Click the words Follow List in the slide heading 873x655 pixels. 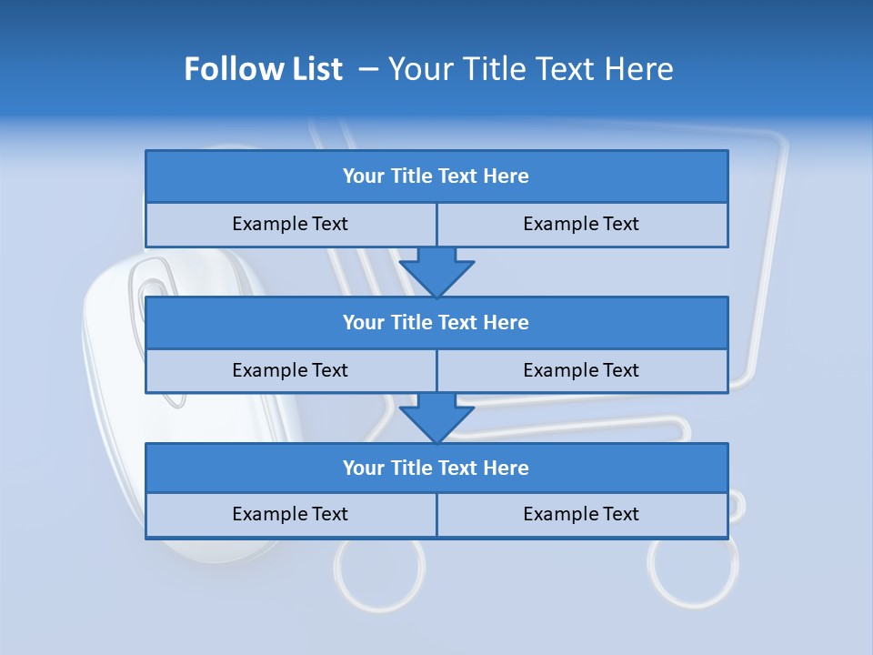coord(263,69)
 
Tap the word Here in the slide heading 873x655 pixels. coord(636,69)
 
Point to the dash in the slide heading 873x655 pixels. coord(368,69)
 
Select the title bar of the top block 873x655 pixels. coord(436,176)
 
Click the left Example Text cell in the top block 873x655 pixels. coord(290,224)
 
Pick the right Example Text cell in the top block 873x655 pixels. coord(581,224)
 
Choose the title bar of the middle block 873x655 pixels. coord(436,322)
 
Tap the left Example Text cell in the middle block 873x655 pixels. coord(290,370)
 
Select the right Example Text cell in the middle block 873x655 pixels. coord(581,370)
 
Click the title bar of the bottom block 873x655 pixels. coord(436,468)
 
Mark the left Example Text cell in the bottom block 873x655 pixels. coord(290,514)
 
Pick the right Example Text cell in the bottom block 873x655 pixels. coord(581,514)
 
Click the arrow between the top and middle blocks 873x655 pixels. coord(436,271)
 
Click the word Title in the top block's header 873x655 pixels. coord(412,176)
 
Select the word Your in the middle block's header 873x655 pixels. coord(364,322)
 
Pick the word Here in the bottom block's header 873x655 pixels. coord(506,468)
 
